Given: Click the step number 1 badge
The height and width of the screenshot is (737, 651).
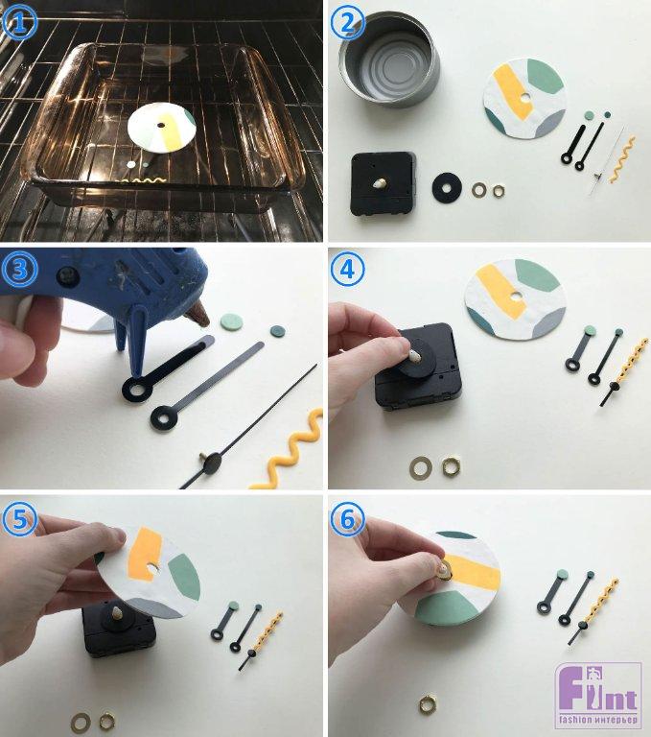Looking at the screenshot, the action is [x=19, y=22].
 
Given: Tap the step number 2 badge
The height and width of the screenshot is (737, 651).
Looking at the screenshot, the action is [x=347, y=22].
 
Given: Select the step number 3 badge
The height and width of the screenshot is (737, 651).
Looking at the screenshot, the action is [x=19, y=269].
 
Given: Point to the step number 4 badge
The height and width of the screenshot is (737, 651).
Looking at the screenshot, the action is [x=347, y=269].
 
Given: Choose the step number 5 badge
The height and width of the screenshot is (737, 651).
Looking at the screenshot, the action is [x=19, y=519].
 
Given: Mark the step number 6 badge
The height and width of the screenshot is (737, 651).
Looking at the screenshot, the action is [x=347, y=519].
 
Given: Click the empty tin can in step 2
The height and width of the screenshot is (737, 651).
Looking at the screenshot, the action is [x=390, y=59].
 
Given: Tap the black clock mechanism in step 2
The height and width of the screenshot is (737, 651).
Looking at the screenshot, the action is [x=384, y=183].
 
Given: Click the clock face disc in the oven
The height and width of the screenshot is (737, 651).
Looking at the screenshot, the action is [x=162, y=127].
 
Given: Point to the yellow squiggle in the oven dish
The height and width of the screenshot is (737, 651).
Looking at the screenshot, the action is [x=142, y=181].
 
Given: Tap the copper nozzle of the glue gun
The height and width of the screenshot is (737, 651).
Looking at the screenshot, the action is [x=198, y=314].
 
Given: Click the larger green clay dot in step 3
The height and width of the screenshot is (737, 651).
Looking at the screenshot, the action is [x=232, y=322].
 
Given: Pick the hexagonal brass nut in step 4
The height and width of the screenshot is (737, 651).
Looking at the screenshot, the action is [x=451, y=465].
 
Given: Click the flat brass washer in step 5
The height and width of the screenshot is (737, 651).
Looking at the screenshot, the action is [x=81, y=722].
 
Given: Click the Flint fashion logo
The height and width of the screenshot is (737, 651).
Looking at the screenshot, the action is [x=598, y=695].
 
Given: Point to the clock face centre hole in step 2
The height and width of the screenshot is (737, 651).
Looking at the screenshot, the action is [x=525, y=98].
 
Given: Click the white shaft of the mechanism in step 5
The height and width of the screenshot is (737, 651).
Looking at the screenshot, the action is [x=116, y=613].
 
